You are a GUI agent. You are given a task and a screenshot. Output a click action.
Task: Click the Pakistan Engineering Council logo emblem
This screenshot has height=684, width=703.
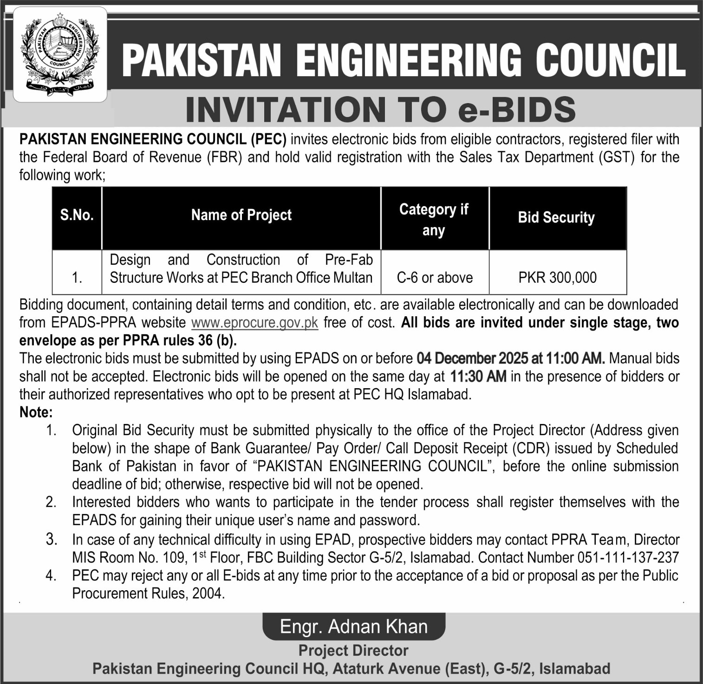60,54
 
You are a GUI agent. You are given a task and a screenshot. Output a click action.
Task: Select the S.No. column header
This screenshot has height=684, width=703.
77,215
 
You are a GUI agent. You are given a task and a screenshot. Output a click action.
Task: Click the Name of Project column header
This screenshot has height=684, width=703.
241,215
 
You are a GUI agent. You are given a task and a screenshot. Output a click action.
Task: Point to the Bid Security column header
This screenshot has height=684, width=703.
556,217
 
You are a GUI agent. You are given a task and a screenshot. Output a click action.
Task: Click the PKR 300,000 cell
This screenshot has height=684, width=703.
557,278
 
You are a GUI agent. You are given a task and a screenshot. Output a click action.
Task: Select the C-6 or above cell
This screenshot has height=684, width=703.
435,278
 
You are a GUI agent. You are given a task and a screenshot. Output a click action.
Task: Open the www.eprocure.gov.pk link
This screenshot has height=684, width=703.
254,322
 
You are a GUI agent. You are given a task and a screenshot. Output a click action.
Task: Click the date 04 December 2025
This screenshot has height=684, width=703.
472,358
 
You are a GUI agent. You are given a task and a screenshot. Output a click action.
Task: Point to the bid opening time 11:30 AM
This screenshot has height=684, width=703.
478,376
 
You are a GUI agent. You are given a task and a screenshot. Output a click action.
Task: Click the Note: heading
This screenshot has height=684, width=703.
36,412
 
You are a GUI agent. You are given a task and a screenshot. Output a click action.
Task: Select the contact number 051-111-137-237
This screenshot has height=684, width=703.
628,557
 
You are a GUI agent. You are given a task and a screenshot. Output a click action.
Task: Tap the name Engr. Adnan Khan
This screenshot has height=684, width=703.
354,627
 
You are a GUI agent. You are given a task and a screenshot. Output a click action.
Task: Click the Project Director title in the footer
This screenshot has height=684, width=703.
353,651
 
